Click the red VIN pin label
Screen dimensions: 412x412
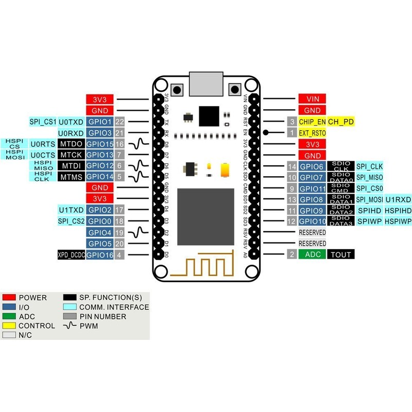pos(312,99)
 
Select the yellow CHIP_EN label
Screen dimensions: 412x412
pos(312,122)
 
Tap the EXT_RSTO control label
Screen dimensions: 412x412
pos(312,133)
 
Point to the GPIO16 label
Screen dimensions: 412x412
pos(99,254)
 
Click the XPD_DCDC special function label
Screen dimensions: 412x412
pos(71,254)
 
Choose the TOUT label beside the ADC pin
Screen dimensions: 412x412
pos(341,254)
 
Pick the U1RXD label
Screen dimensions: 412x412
pos(398,199)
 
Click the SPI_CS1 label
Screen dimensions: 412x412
pos(42,122)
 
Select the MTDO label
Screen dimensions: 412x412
pos(71,144)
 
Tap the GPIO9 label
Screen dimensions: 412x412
pos(312,211)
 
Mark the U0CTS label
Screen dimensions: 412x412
pos(42,155)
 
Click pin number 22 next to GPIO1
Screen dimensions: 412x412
pos(120,122)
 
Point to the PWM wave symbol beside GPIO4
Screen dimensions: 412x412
pos(138,233)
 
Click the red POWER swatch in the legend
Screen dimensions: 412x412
pos(9,298)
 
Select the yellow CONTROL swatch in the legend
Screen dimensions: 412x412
pos(9,325)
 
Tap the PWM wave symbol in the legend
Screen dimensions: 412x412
pos(70,325)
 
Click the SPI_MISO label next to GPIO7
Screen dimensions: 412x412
pos(369,177)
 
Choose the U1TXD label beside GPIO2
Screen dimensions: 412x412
pos(71,210)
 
